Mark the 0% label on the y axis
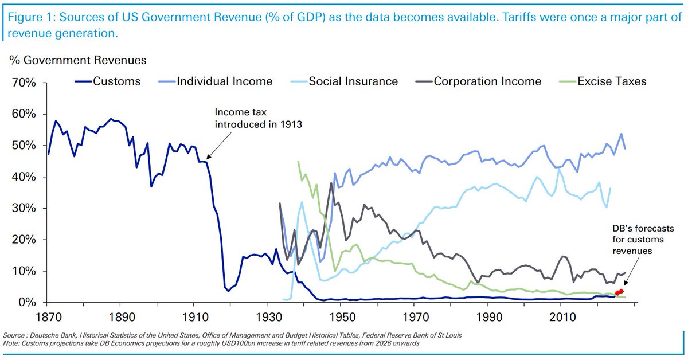pos(26,303)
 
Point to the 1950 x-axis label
pos(341,316)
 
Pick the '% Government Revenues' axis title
pos(77,59)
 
